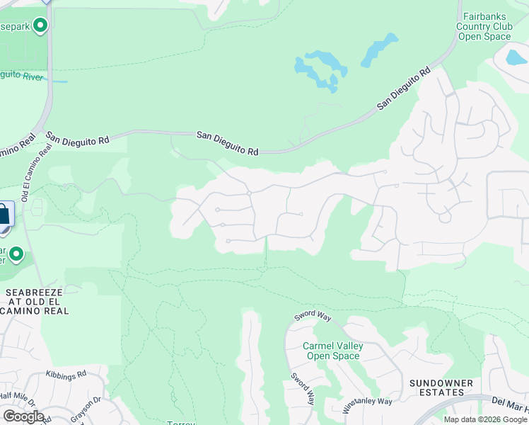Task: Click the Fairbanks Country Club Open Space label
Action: click(484, 26)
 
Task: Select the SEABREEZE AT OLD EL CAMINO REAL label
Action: click(37, 301)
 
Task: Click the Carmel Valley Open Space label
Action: click(332, 351)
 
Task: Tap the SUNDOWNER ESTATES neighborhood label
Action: click(441, 387)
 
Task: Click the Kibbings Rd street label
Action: click(65, 373)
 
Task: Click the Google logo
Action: click(23, 416)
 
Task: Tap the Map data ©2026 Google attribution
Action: click(486, 419)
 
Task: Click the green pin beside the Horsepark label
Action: click(40, 26)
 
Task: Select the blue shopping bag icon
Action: click(4, 215)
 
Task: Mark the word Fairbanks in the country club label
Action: click(484, 16)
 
